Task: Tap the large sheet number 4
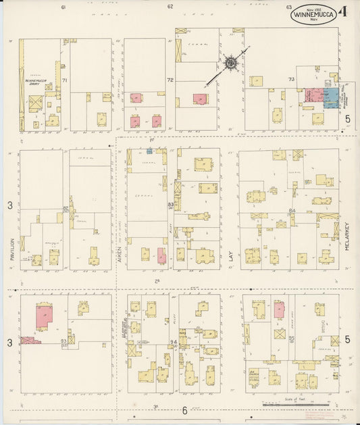(x=344, y=11)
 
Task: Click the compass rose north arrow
(x=231, y=64)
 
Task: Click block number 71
(x=65, y=80)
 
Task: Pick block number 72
(x=170, y=80)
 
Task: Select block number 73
(x=291, y=80)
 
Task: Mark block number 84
(x=292, y=211)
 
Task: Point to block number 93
(x=63, y=341)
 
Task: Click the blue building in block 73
(x=332, y=97)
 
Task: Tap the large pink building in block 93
(x=44, y=316)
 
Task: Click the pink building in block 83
(x=161, y=255)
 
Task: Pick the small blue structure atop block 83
(x=149, y=151)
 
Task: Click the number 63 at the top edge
(x=289, y=7)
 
